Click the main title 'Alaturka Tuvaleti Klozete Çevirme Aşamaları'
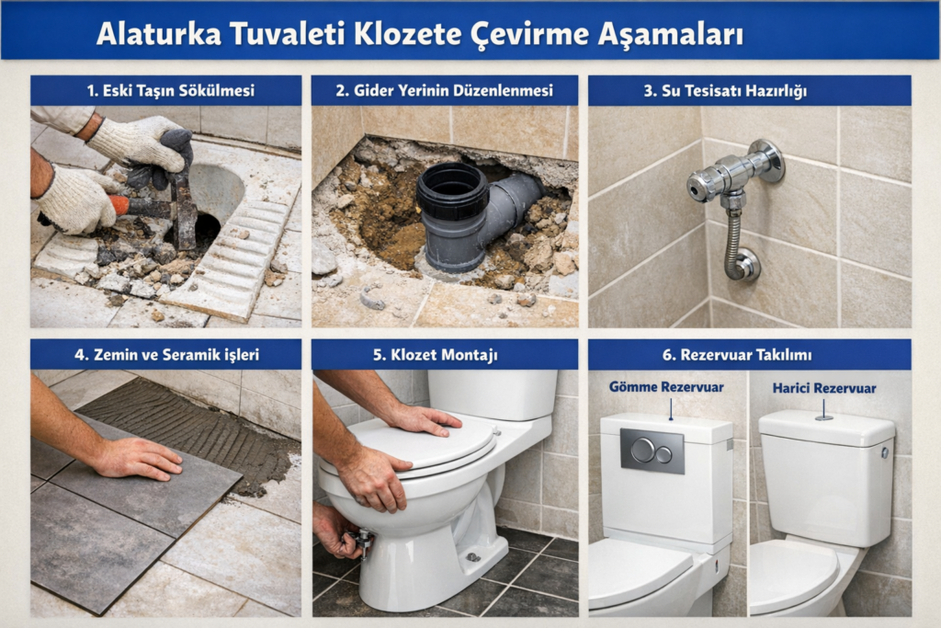click(x=419, y=34)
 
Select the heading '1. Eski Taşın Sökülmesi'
click(x=165, y=90)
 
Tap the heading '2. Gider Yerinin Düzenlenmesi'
click(x=445, y=90)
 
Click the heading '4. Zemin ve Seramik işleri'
click(x=165, y=354)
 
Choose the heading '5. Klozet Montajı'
click(x=445, y=354)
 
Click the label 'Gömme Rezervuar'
click(x=665, y=387)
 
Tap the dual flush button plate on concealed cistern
click(x=652, y=451)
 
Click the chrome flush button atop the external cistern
click(x=823, y=417)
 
